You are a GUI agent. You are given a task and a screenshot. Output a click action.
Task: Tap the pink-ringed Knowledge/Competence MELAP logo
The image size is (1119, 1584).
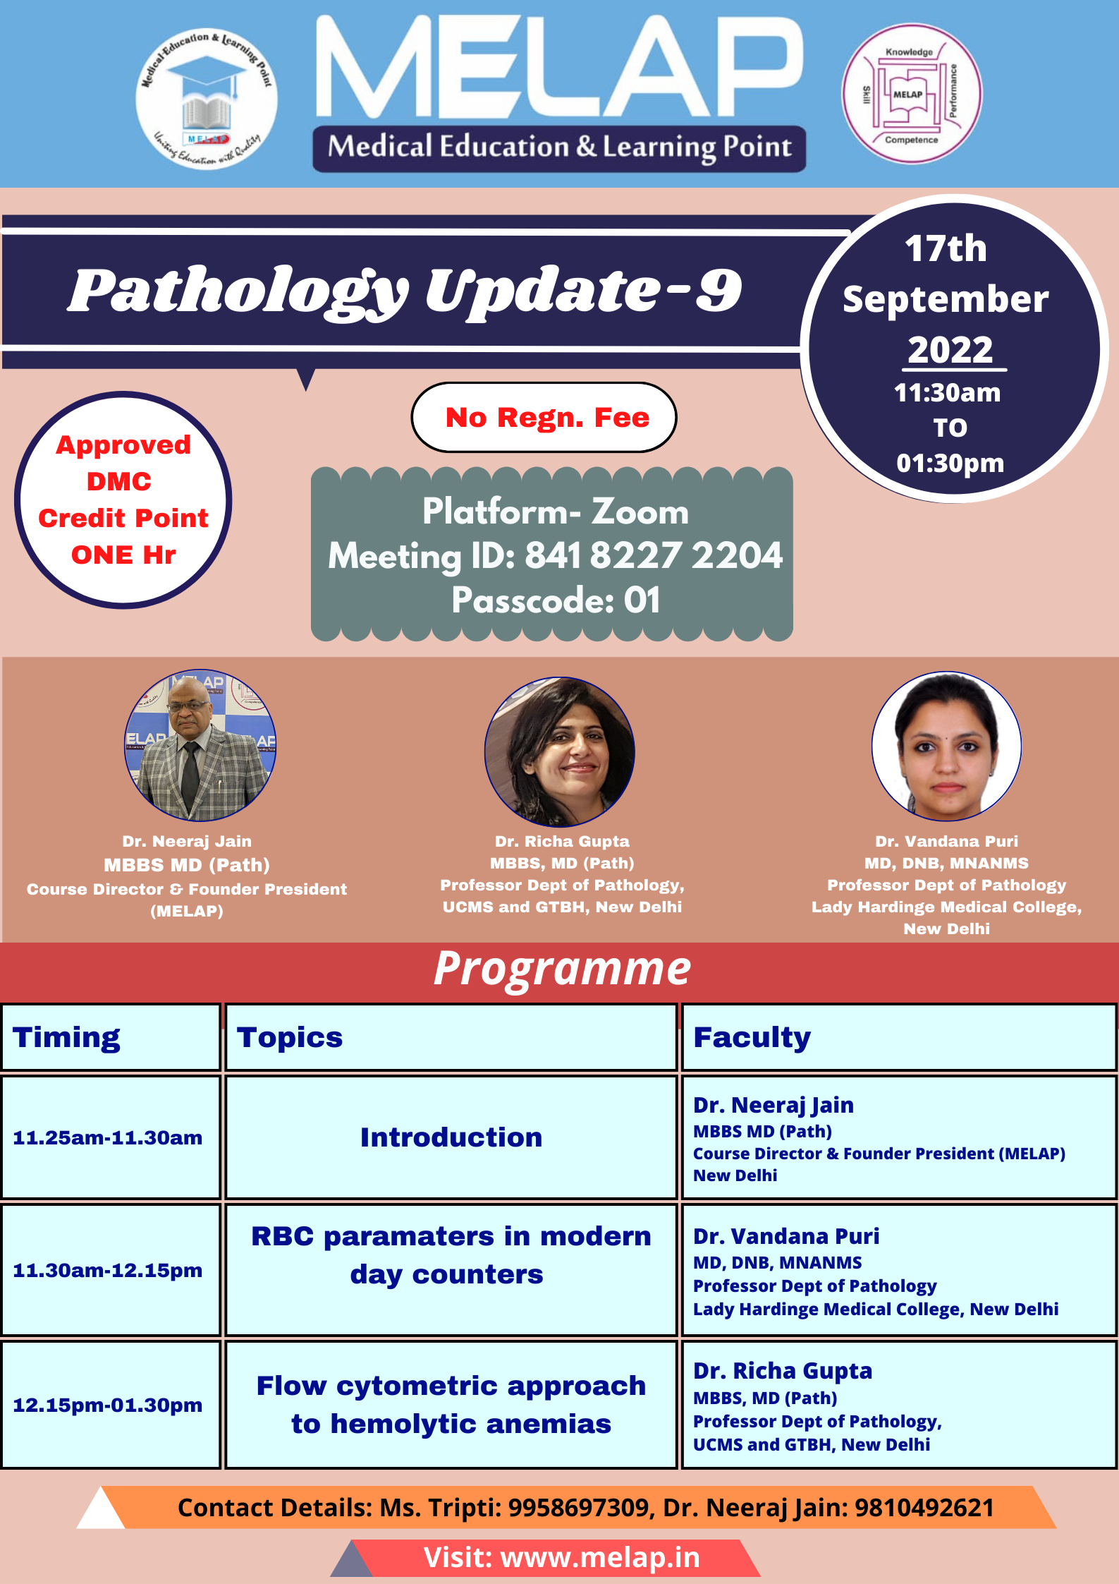tap(912, 94)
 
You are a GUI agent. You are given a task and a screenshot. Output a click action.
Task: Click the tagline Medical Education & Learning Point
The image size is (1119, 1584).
tap(559, 147)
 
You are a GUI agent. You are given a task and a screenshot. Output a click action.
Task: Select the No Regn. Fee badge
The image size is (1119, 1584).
tap(544, 417)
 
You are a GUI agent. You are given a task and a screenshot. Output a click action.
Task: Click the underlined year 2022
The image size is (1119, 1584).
tap(950, 350)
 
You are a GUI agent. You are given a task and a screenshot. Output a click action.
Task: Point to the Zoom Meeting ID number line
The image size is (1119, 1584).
tap(555, 555)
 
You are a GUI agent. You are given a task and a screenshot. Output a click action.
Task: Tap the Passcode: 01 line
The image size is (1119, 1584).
tap(556, 600)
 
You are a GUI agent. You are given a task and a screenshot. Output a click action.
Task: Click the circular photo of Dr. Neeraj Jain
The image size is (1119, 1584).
tap(200, 745)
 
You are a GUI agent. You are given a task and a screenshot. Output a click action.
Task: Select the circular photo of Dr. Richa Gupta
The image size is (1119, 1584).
tap(560, 751)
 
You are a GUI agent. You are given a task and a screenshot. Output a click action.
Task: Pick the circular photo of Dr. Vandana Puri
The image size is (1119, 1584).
tap(946, 746)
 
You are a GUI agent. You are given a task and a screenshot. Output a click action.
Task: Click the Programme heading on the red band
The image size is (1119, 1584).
tap(562, 969)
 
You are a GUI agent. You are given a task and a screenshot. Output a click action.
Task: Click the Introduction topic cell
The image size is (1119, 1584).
tap(451, 1137)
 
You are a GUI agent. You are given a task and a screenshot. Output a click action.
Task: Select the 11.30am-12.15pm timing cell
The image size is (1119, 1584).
tap(111, 1270)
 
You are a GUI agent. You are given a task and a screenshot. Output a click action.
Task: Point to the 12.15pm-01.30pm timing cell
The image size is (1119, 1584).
tap(111, 1405)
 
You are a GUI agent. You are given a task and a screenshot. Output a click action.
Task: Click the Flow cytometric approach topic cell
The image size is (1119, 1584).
tap(451, 1405)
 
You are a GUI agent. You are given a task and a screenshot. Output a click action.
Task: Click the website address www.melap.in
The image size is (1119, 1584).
tap(600, 1558)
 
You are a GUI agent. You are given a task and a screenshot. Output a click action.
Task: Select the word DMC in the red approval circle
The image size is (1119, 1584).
tap(119, 481)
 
